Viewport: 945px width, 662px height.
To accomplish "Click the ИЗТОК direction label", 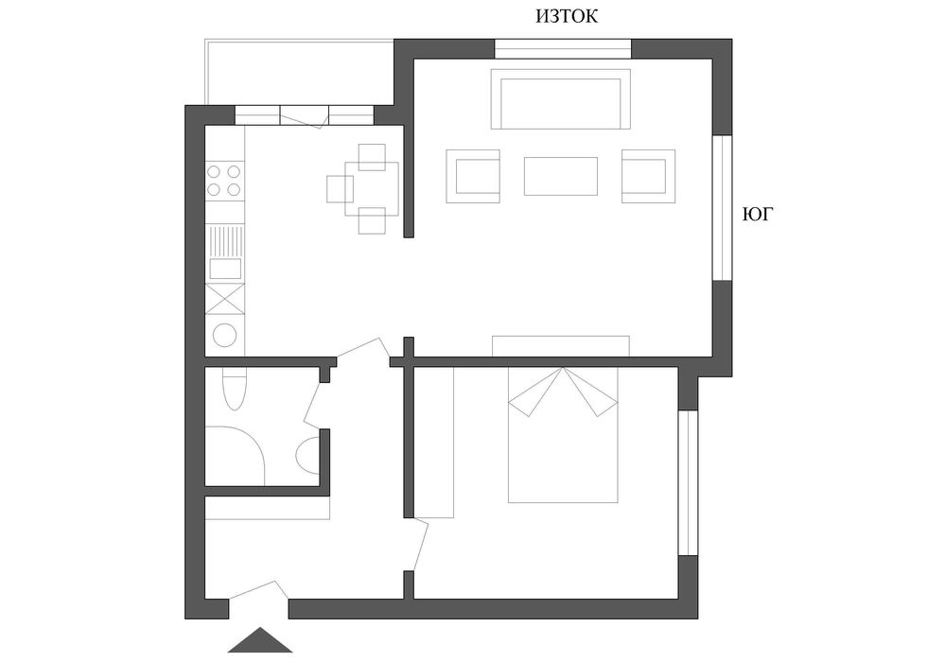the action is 567,16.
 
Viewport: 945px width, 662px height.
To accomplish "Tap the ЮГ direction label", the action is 756,215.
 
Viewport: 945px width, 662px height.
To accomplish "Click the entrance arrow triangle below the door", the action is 260,639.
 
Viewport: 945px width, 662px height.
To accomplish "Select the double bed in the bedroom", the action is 563,434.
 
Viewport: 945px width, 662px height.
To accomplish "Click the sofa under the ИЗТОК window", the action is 561,98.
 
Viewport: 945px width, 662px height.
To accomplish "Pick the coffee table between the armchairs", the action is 561,176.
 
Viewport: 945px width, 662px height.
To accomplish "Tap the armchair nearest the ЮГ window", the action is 649,176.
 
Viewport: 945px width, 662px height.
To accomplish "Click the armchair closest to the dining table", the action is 473,176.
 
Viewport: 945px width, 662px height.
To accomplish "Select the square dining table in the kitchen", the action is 372,188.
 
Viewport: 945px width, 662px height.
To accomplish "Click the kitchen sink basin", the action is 225,269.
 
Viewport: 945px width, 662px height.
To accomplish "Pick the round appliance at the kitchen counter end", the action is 225,336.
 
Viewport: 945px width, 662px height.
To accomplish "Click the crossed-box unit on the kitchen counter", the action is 225,299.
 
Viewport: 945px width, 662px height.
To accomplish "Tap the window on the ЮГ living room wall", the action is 723,208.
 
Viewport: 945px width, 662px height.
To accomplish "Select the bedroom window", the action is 689,482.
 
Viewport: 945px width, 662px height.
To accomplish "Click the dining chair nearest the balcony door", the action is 372,157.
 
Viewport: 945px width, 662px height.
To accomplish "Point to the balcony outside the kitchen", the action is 300,72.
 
